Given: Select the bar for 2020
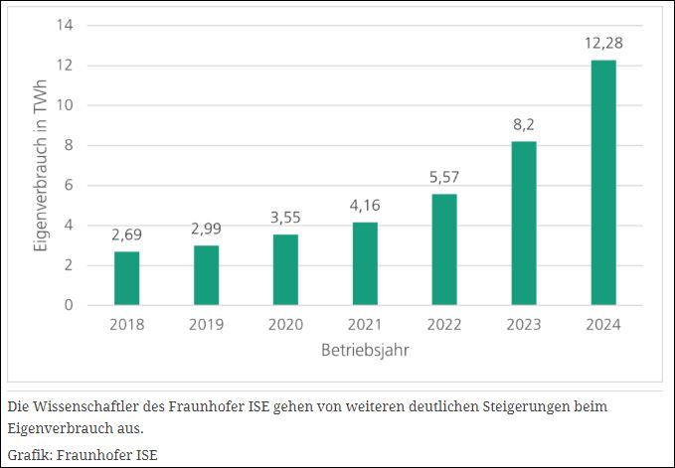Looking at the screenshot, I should pyautogui.click(x=285, y=269).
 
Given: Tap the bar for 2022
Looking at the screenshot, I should pyautogui.click(x=444, y=249).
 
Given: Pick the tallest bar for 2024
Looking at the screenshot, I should pyautogui.click(x=603, y=183).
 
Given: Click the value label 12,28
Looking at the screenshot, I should pyautogui.click(x=603, y=44).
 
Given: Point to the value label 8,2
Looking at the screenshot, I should pyautogui.click(x=524, y=125).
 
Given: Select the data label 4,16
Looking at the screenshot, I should pyautogui.click(x=365, y=206).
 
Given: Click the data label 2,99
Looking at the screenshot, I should pyautogui.click(x=206, y=230).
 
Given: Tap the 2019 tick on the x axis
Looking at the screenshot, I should pyautogui.click(x=206, y=324).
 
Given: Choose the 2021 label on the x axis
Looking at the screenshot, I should pyautogui.click(x=365, y=324).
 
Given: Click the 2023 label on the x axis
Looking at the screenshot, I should pyautogui.click(x=524, y=324).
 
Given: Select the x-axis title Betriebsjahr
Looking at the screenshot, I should pyautogui.click(x=364, y=350).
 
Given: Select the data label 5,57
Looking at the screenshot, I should pyautogui.click(x=444, y=178).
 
